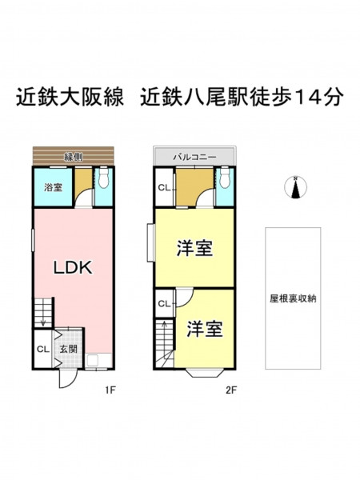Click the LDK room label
click(73, 268)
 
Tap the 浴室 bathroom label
click(54, 187)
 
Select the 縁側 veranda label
click(73, 158)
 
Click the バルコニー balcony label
click(194, 158)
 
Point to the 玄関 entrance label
click(68, 349)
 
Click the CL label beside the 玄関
click(43, 350)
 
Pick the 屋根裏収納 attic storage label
click(293, 298)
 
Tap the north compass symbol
click(295, 187)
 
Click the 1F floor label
click(110, 390)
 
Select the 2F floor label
click(231, 390)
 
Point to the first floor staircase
click(43, 313)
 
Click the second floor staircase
click(164, 343)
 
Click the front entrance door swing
click(65, 379)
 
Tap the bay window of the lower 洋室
click(203, 374)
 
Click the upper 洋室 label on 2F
click(194, 248)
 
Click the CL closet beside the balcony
click(165, 187)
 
